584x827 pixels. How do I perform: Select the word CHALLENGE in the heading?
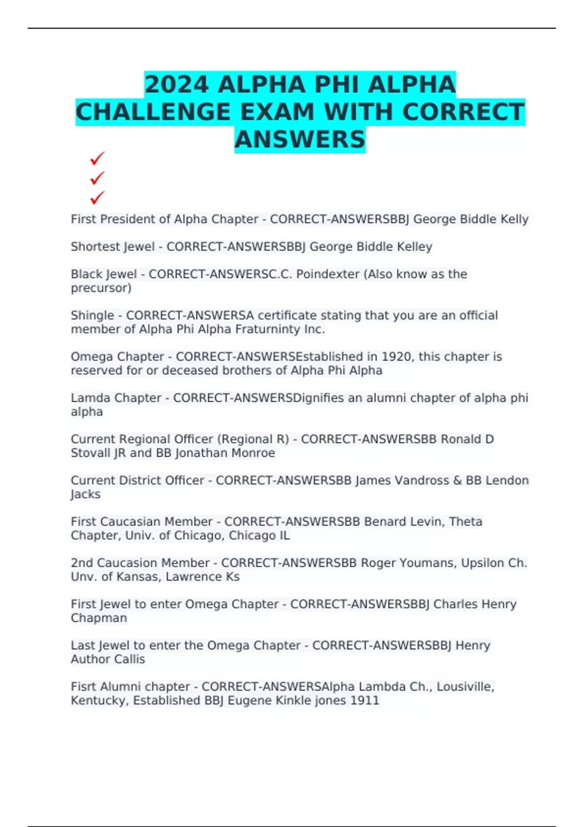click(153, 112)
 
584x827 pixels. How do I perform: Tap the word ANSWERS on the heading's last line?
click(300, 140)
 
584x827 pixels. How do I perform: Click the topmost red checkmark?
click(97, 159)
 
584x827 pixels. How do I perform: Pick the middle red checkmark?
click(97, 178)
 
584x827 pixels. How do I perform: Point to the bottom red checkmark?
click(97, 198)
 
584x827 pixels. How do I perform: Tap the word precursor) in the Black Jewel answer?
click(101, 288)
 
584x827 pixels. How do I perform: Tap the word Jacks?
click(86, 494)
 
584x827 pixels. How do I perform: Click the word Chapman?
click(99, 618)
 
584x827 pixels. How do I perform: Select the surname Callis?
click(129, 659)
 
